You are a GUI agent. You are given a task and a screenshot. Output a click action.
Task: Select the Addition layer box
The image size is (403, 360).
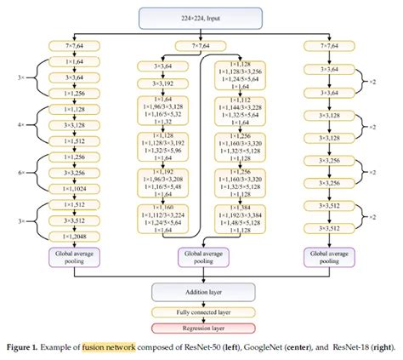[201, 290]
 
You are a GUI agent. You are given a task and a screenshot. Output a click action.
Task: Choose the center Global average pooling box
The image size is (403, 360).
[201, 256]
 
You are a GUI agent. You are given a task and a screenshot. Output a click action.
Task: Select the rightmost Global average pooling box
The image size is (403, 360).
[329, 256]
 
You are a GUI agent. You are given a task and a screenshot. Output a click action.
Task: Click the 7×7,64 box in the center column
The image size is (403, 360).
[201, 45]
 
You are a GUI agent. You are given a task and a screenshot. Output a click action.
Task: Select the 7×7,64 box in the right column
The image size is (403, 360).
[329, 43]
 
